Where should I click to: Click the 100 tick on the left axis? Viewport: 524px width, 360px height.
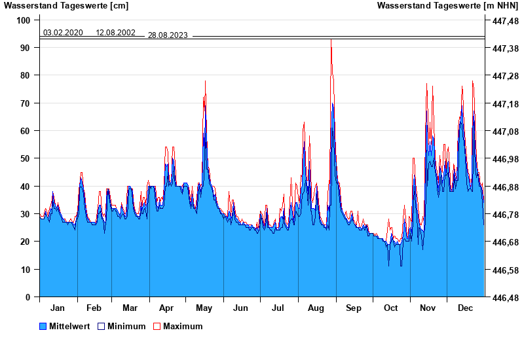click(24, 20)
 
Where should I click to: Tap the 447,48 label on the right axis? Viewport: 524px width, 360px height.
click(505, 21)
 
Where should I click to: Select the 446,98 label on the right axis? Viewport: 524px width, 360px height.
click(505, 159)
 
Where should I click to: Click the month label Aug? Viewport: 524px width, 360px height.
click(316, 308)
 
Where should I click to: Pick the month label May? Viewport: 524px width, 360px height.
click(204, 308)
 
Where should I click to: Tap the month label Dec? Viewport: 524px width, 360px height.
click(465, 308)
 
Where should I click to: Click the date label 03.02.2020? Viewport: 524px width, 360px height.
click(63, 33)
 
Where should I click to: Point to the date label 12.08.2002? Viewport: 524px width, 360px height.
click(115, 33)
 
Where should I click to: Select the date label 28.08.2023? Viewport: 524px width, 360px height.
click(168, 35)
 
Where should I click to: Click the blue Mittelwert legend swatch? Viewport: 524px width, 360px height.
click(43, 326)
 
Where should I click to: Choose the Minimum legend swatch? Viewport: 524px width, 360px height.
click(101, 326)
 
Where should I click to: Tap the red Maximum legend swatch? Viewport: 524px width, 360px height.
click(157, 326)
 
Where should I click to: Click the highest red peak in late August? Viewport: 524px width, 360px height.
click(331, 41)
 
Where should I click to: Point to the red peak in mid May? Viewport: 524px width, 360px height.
click(206, 81)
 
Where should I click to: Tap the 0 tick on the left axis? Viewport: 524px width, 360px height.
click(28, 297)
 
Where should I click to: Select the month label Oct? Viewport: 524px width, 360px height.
click(391, 308)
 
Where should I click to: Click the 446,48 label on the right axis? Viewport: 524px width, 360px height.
click(505, 298)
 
